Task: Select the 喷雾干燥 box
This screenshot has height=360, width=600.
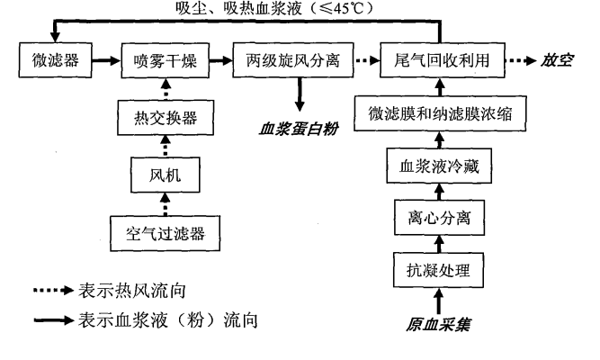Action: (166, 61)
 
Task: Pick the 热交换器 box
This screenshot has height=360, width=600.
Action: (166, 115)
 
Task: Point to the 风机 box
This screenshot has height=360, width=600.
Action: (166, 175)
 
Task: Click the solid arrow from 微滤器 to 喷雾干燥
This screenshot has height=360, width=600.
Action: (102, 61)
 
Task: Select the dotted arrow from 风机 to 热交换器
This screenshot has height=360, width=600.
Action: (166, 145)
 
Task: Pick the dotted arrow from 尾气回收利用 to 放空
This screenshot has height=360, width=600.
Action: (521, 61)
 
